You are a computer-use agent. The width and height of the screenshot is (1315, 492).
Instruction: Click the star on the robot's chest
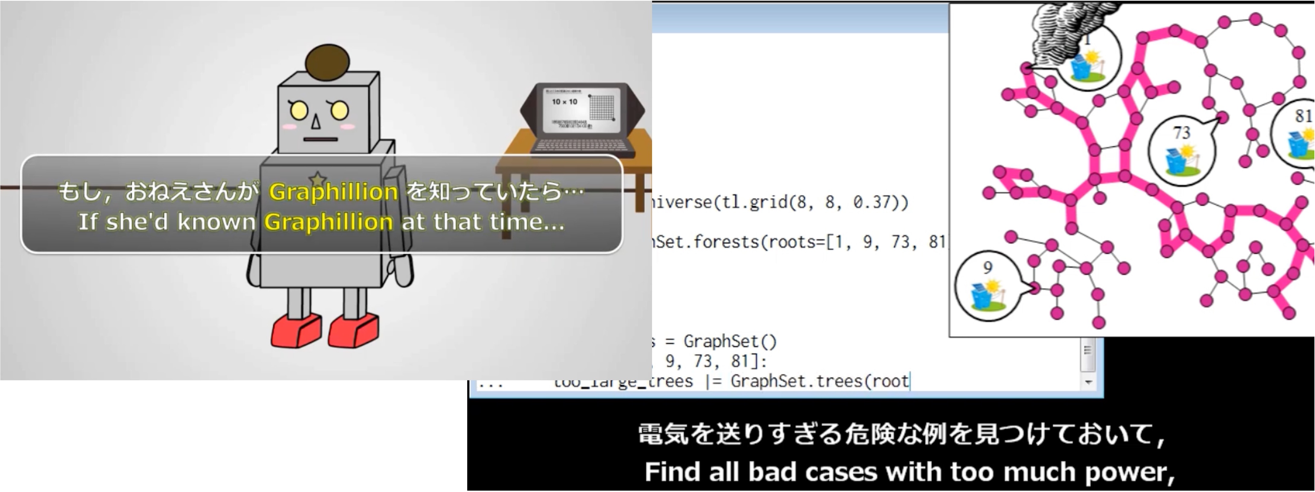tap(317, 179)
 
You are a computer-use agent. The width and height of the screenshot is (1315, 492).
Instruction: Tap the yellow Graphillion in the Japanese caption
tap(333, 192)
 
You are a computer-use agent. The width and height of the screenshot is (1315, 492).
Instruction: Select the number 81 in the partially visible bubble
tap(1303, 116)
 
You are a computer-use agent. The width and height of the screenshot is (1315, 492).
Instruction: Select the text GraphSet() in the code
tap(730, 341)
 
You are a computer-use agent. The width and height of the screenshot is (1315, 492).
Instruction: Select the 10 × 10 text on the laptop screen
tap(564, 102)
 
